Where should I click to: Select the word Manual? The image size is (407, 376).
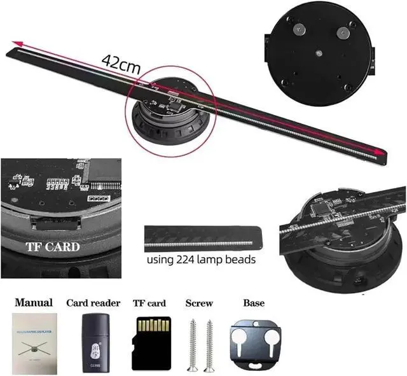(34, 303)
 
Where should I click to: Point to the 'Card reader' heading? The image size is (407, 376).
(93, 303)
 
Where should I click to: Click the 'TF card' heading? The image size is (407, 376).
(149, 303)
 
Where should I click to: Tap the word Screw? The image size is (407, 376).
(198, 303)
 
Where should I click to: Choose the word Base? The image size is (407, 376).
(254, 303)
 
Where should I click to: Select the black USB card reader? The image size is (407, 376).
(93, 344)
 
